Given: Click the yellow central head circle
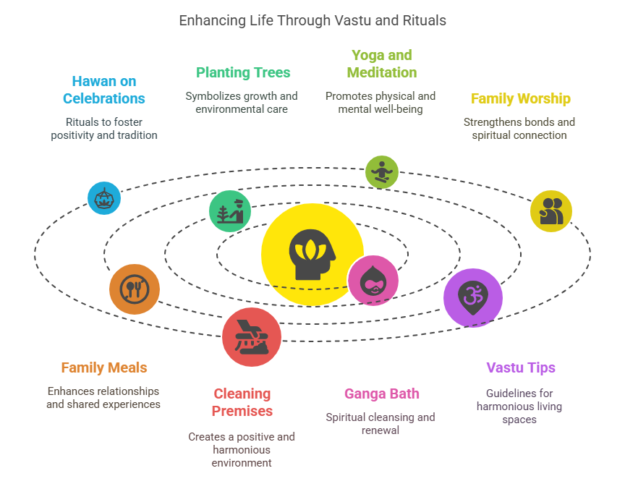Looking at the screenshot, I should click(x=312, y=254).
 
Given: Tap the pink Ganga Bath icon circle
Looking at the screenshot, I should click(x=373, y=281).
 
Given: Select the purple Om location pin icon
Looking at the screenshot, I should click(x=472, y=297).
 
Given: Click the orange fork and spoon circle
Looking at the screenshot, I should click(x=135, y=289).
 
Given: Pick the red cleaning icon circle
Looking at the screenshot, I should click(x=251, y=337).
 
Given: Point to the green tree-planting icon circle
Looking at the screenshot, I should click(x=231, y=211).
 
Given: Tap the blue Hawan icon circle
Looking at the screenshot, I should click(x=104, y=198).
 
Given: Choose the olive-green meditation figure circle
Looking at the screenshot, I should click(x=381, y=172).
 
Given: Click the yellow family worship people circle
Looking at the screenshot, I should click(x=551, y=211).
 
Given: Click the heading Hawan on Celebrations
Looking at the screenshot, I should click(x=104, y=90).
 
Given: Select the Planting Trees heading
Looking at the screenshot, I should click(x=243, y=72).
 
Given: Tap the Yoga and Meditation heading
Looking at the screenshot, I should click(x=381, y=64).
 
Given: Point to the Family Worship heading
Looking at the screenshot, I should click(x=520, y=98).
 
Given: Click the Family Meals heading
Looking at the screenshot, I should click(x=104, y=367).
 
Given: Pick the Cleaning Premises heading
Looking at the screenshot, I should click(x=242, y=402).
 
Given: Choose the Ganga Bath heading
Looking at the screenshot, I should click(x=381, y=394).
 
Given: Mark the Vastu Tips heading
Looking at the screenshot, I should click(x=520, y=367).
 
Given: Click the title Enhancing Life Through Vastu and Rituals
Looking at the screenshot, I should click(x=312, y=20).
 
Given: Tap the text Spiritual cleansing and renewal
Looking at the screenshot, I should click(x=380, y=423).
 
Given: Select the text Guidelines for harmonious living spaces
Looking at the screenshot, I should click(x=519, y=406).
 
